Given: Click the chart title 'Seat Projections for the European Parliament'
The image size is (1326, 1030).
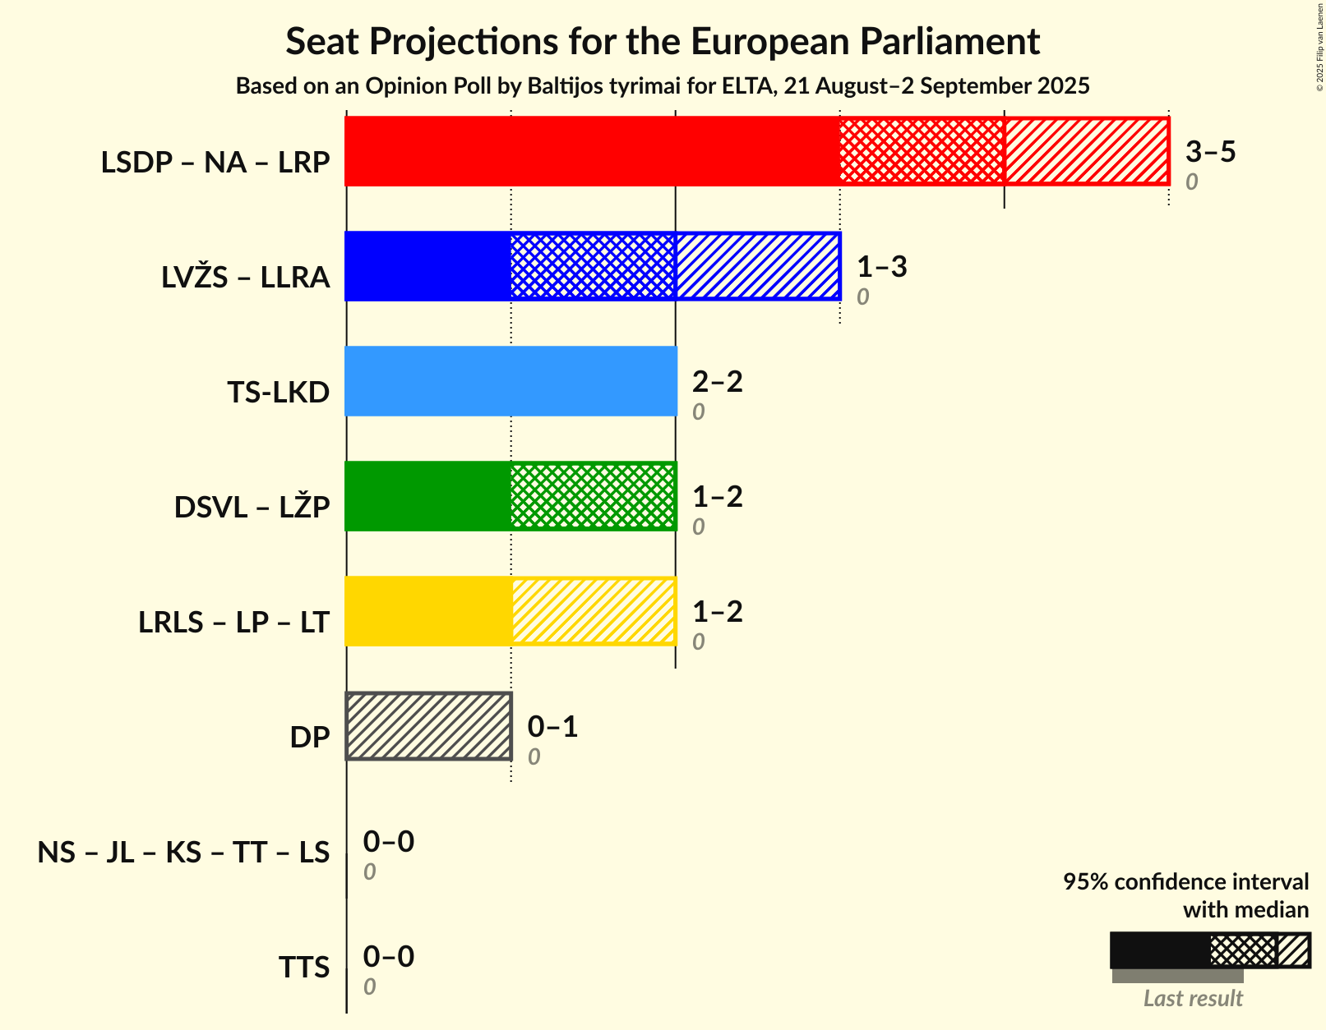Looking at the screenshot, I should point(663,41).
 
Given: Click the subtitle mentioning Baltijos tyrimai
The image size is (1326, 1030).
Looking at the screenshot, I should point(663,86).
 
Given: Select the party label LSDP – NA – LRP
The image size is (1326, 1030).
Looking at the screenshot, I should point(215,163).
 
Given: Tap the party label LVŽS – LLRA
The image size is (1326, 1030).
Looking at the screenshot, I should point(246,278).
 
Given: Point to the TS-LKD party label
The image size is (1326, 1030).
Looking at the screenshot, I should point(279,393).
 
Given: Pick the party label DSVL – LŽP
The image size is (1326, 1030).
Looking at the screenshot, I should point(252,508).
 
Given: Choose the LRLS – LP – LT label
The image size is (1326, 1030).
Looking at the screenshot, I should point(234,623).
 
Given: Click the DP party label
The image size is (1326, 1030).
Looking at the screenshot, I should point(310,738).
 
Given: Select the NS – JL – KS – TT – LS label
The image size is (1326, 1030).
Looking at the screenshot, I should point(183,853).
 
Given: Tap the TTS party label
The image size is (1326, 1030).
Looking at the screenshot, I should point(303,968).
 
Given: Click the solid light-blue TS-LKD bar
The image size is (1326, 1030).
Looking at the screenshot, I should point(511,381).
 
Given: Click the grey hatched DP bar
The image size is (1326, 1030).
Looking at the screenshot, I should point(428,726).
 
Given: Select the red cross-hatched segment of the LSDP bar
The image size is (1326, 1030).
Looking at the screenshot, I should point(922,151).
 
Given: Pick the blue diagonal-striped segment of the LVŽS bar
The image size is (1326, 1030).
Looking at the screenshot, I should point(757,266).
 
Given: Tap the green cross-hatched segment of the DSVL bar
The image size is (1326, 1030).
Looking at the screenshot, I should point(593,496).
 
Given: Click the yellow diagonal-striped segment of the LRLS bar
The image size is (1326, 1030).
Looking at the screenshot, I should point(593,611).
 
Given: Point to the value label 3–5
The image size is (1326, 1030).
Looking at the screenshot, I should point(1210,151).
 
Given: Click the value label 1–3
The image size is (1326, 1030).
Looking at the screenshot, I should point(881,266).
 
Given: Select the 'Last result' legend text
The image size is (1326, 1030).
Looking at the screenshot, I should point(1193,999).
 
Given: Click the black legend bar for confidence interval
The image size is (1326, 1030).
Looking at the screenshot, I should point(1159,950).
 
